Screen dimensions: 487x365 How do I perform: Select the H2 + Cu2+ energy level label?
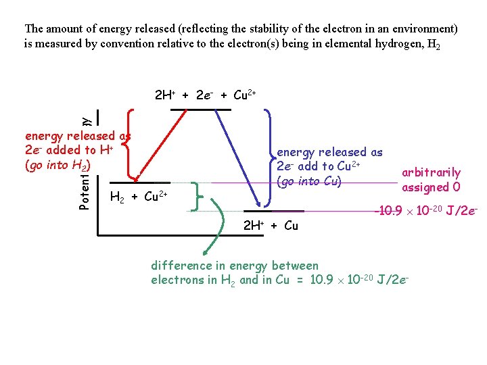(x=137, y=197)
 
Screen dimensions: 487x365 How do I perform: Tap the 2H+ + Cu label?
(x=270, y=226)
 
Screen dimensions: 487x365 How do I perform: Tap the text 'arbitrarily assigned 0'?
(x=431, y=180)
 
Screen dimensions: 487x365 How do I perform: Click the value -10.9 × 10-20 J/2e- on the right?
(x=425, y=212)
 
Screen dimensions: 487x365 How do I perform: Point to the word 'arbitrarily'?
(x=431, y=172)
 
